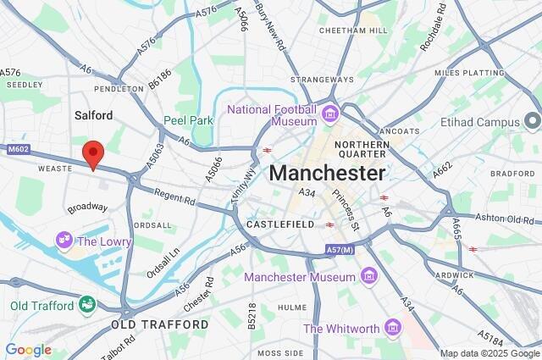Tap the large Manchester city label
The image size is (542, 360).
pyautogui.click(x=327, y=174)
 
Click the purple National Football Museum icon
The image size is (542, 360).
pyautogui.click(x=329, y=113)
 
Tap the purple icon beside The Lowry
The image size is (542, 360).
pyautogui.click(x=64, y=241)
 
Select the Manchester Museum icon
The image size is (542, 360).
pyautogui.click(x=368, y=276)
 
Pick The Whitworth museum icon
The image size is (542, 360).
pyautogui.click(x=391, y=327)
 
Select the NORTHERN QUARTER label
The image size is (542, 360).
pyautogui.click(x=362, y=150)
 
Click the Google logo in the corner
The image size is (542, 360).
pyautogui.click(x=28, y=349)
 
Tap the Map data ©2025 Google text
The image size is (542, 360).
pyautogui.click(x=489, y=353)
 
